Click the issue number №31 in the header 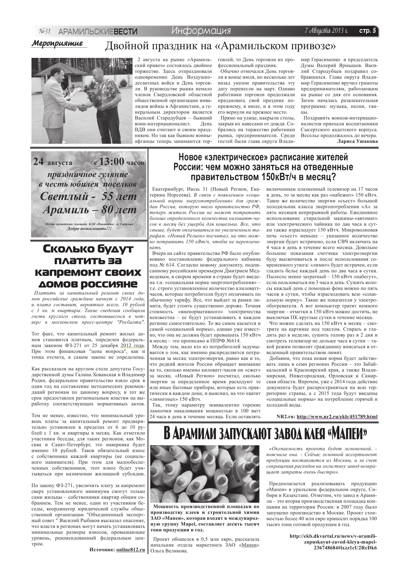point(45,31)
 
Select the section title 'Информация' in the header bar point(201,31)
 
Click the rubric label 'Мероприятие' point(57,43)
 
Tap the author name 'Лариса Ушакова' point(357,141)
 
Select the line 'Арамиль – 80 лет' point(90,210)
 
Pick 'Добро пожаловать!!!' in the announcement point(89,229)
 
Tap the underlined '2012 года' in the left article point(132,345)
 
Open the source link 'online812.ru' point(131,548)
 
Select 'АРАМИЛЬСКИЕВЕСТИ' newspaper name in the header point(98,32)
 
